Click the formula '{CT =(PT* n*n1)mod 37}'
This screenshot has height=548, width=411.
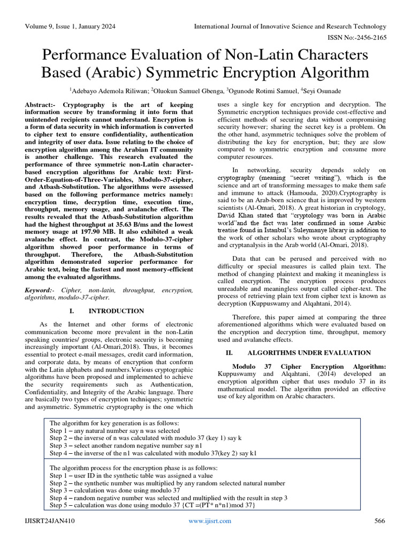217,505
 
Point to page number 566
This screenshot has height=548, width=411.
379,521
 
